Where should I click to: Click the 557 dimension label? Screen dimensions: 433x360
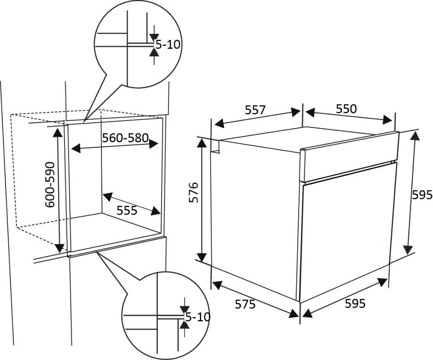255,110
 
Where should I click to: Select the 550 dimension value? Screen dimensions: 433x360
346,109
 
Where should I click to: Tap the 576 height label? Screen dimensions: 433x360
194,192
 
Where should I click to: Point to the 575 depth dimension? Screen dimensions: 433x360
245,304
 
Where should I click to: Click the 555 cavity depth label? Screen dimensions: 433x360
127,211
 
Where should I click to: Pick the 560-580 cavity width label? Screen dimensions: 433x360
126,138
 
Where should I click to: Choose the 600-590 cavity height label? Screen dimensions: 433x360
50,185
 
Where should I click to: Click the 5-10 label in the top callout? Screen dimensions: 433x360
168,45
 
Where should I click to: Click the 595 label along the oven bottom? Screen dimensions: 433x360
355,303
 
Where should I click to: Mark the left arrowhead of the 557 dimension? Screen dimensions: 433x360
219,123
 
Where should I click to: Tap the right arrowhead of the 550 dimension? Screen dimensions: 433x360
387,119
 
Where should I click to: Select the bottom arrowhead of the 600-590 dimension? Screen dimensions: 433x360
59,248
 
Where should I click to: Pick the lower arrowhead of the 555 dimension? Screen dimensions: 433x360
156,211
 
